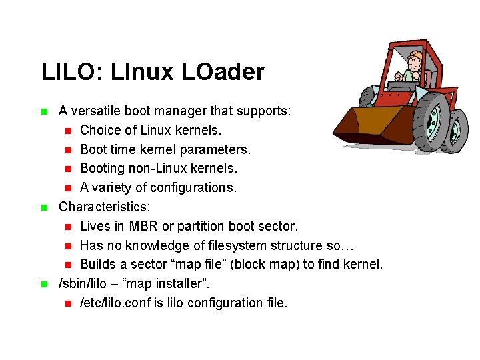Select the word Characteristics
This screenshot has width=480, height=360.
click(104, 207)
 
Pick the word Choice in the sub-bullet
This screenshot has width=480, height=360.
click(99, 129)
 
